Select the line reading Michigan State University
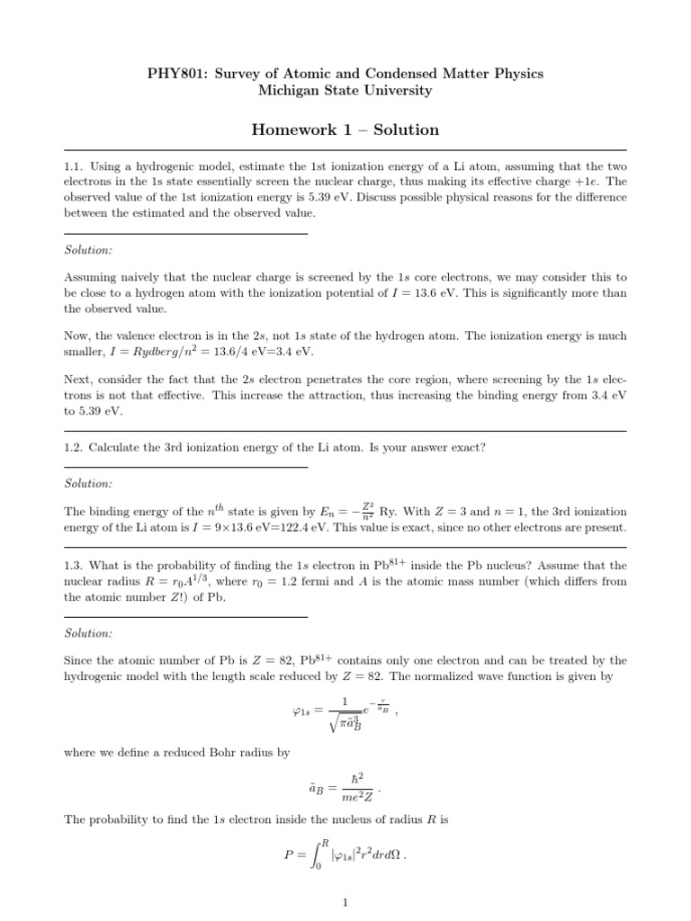pos(345,91)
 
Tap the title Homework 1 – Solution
pos(345,130)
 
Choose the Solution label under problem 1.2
pos(88,484)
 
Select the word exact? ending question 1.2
pos(465,449)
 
